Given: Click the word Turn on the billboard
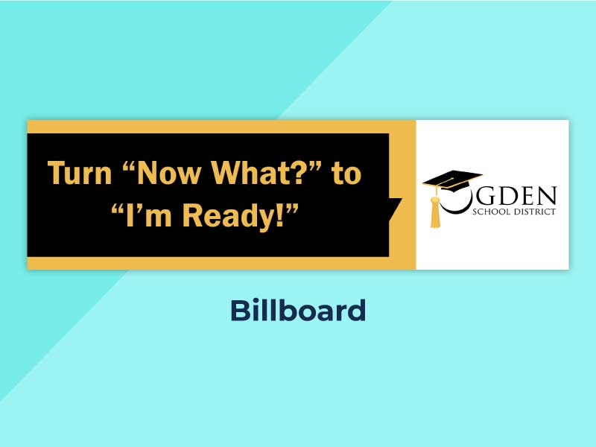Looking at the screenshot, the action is [80, 173].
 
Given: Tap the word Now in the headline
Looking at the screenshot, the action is [169, 173].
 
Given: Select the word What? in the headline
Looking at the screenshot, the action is [257, 173].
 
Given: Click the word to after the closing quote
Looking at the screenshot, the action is [346, 174].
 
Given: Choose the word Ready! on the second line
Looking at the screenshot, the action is [233, 216].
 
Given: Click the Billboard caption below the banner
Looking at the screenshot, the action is [298, 311].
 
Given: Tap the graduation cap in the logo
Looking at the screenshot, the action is [452, 181].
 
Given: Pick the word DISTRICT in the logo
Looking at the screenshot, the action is [534, 212].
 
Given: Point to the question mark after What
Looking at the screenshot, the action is [297, 173].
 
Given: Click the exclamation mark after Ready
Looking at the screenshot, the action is [280, 215].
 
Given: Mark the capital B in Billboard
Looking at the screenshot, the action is [239, 311].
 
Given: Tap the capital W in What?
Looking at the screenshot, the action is [227, 173].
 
